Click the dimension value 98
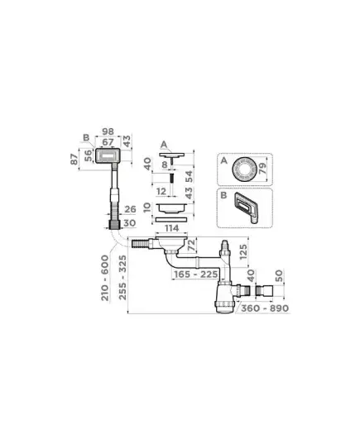pos(108,131)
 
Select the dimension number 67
pos(108,142)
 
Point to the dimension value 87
pos(74,159)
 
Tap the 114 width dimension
pos(171,228)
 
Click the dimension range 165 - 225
pos(196,275)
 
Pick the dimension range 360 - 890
pos(265,308)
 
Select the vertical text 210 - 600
pos(105,278)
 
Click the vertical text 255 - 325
pos(122,277)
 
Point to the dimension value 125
pos(243,252)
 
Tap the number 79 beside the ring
pos(263,169)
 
